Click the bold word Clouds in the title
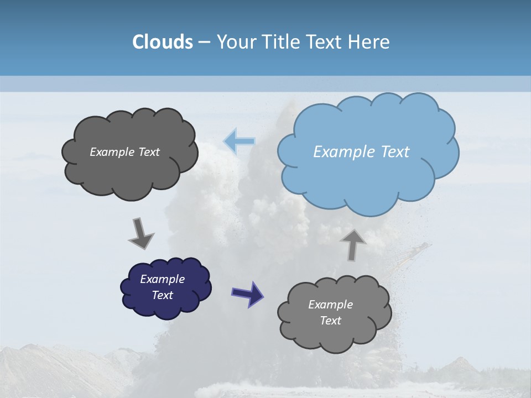click(x=163, y=42)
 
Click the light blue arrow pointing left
click(x=239, y=141)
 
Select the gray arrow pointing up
click(x=353, y=244)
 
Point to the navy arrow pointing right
click(x=247, y=293)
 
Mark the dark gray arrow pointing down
click(x=140, y=233)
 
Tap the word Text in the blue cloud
click(x=395, y=152)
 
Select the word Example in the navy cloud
click(x=162, y=279)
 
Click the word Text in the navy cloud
click(x=162, y=295)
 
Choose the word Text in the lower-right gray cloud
click(x=330, y=321)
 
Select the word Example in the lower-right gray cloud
click(x=330, y=305)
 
